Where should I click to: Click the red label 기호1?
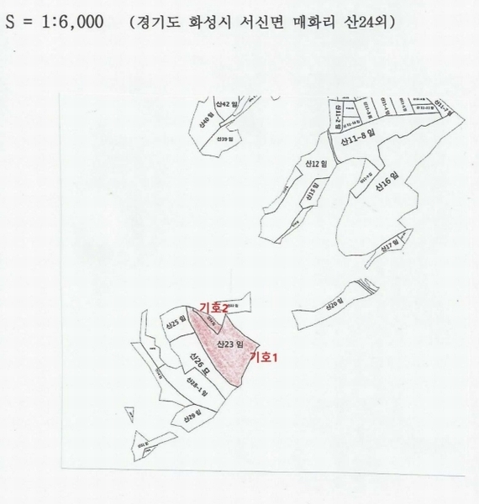point(262,356)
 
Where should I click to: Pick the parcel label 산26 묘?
point(198,367)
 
